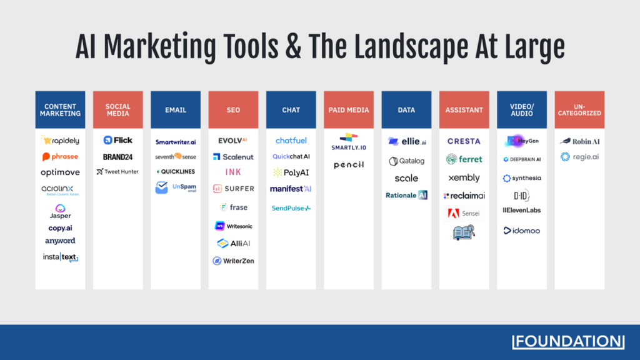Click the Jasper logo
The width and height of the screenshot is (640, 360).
(x=60, y=211)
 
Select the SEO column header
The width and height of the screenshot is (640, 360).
(x=233, y=110)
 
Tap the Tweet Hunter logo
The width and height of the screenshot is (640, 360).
(x=117, y=171)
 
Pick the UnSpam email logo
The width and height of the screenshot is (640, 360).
(x=176, y=187)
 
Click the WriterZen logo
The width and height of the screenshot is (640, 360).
(x=233, y=261)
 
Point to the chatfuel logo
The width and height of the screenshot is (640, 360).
(x=291, y=141)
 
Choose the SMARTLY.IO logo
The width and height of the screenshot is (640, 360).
(x=349, y=141)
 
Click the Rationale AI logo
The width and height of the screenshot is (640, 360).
(x=406, y=195)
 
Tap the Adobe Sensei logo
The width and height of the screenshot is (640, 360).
(x=464, y=214)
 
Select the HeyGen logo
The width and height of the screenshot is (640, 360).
(x=521, y=141)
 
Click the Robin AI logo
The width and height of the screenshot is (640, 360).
(x=579, y=141)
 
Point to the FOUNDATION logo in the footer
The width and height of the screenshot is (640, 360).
(x=568, y=341)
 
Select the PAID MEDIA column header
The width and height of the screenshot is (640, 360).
(x=349, y=110)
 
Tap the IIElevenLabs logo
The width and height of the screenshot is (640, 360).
(x=521, y=210)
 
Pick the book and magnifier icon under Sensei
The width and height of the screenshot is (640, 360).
(x=464, y=233)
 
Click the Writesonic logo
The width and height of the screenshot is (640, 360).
(x=233, y=226)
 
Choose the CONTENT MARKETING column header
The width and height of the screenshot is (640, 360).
(x=60, y=110)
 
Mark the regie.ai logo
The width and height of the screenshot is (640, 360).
(x=579, y=157)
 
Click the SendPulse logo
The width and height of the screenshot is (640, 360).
(x=291, y=208)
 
